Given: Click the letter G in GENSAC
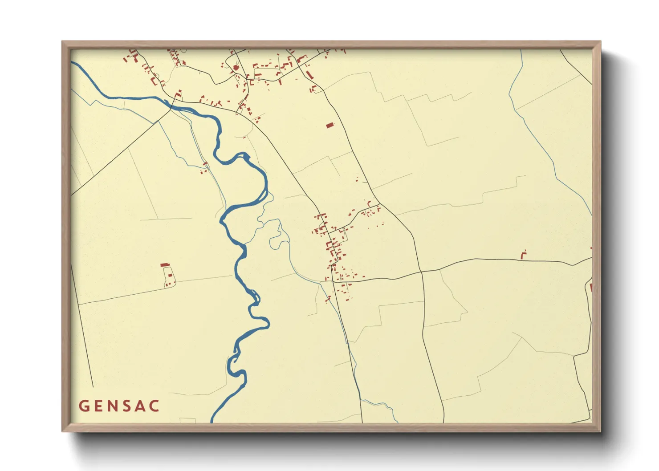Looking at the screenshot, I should click(83, 406).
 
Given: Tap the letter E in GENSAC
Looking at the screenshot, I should click(98, 406).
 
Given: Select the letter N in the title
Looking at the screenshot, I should click(114, 406).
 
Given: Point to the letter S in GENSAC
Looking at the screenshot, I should click(128, 406).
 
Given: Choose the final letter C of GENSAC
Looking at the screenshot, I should click(155, 406).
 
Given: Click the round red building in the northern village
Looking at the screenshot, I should click(236, 68).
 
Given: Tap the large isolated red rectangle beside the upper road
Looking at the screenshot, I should click(329, 126).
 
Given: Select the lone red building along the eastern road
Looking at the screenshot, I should click(524, 255).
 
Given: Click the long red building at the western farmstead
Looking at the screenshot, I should click(165, 265).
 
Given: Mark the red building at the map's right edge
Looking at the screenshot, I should click(591, 288).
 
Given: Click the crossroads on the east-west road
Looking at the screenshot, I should click(421, 271).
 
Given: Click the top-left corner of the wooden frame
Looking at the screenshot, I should click(62, 42).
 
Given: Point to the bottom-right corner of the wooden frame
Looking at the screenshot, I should click(600, 431).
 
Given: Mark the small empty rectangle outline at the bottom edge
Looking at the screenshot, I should click(187, 420).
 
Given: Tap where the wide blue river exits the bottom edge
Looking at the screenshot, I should click(212, 421).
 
